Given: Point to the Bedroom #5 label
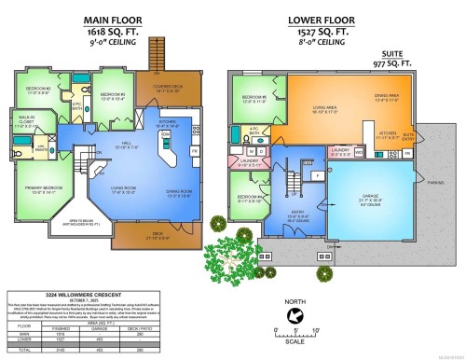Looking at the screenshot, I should pyautogui.click(x=254, y=98).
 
